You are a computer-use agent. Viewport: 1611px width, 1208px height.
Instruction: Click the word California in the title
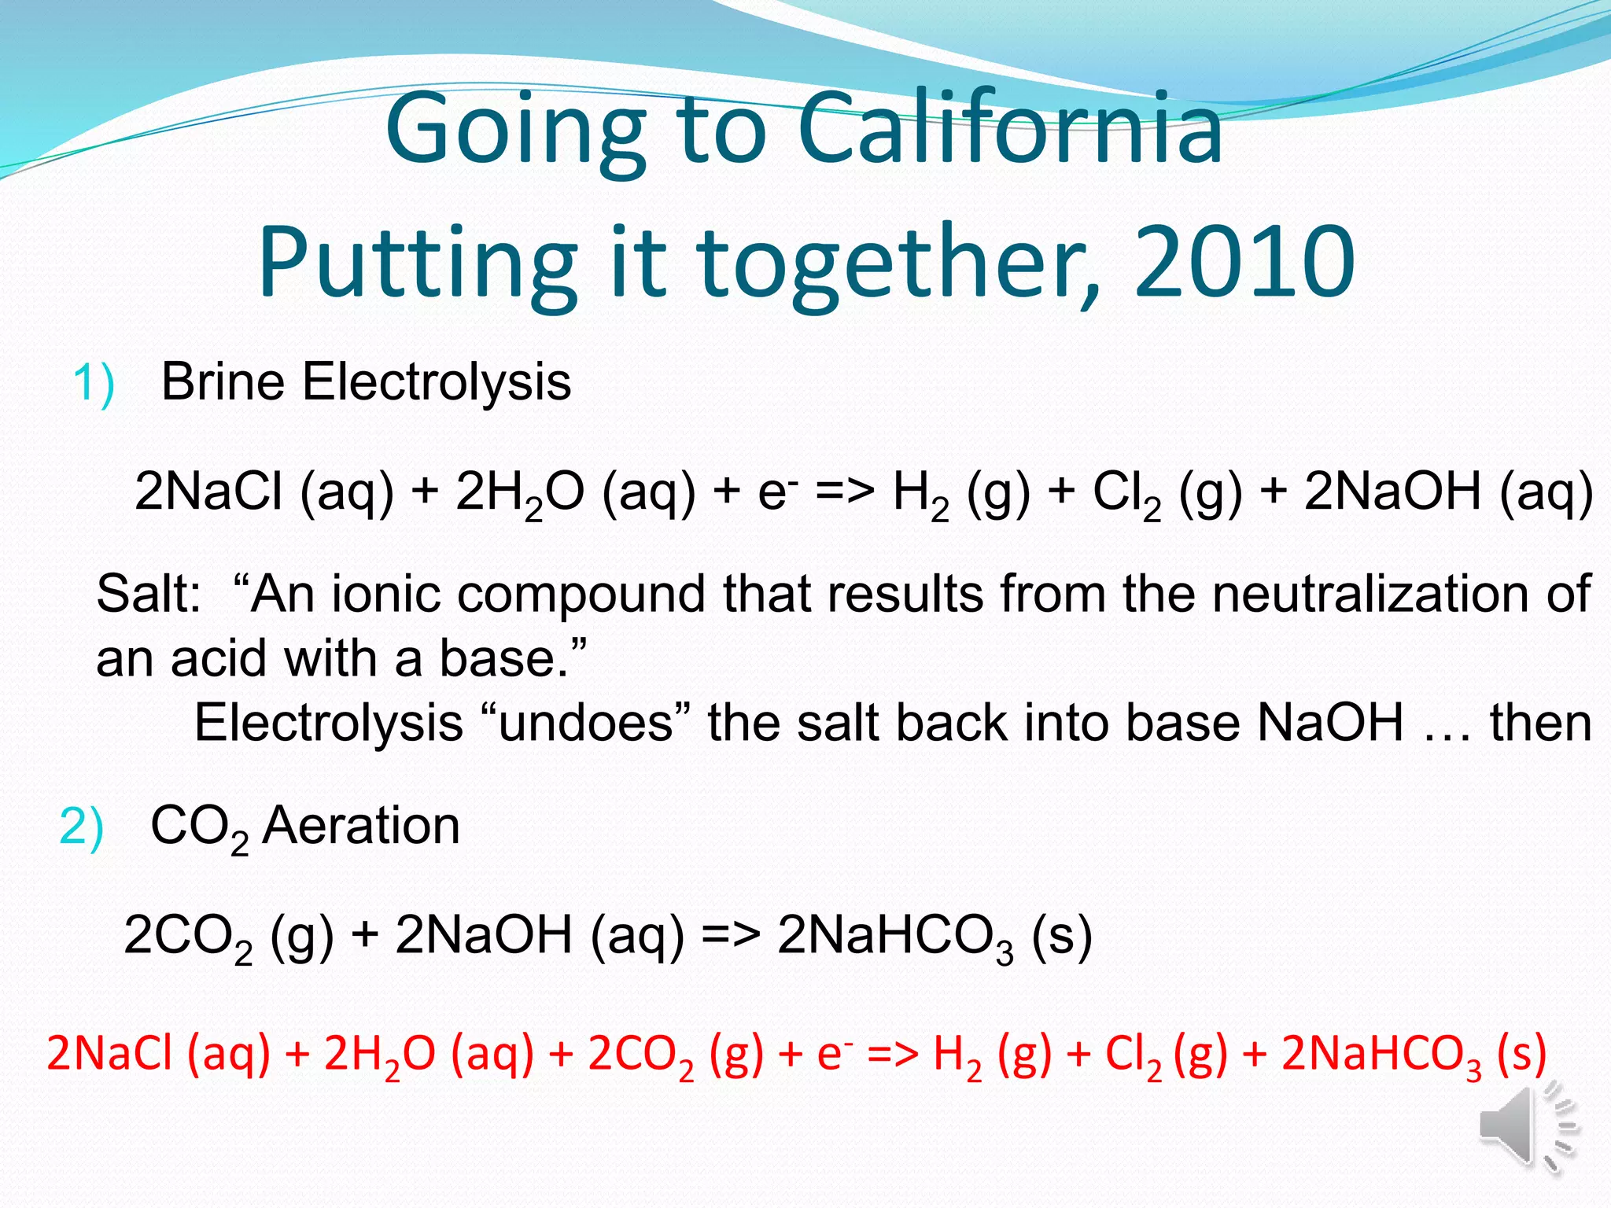1010,127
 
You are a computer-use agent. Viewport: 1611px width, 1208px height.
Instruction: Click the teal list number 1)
94,384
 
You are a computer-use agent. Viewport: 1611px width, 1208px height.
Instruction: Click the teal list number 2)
81,827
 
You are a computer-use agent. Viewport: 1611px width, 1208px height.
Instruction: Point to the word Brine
223,382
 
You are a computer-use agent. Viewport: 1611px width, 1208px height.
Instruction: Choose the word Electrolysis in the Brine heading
437,382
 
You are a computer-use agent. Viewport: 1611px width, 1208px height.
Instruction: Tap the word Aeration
361,826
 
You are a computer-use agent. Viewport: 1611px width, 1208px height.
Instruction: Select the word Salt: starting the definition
149,594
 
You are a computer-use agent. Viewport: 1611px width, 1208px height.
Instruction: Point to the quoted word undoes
586,723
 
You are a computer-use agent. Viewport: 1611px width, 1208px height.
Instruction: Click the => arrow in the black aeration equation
730,936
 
